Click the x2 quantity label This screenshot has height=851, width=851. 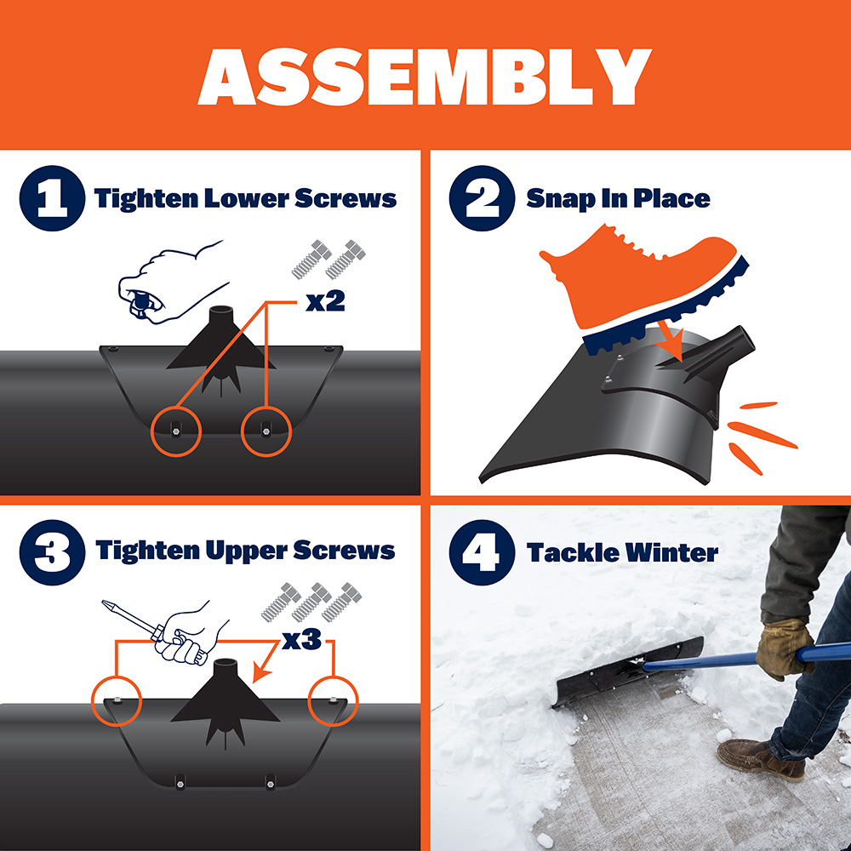tap(324, 301)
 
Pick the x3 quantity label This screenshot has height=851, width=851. tap(301, 640)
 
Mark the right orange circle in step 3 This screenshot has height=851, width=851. tap(334, 702)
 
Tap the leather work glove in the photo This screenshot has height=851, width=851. tap(784, 648)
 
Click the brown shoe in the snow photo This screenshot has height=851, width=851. tap(759, 758)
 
